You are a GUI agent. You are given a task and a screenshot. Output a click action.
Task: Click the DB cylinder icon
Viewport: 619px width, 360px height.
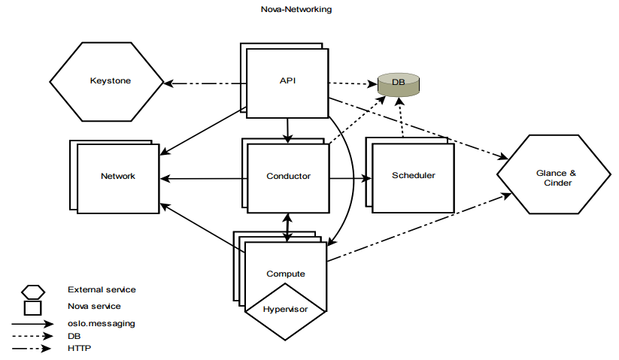pos(398,86)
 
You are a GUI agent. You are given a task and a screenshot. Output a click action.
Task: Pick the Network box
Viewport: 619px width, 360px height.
pos(117,177)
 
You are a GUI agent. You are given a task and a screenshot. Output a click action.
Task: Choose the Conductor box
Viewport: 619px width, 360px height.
pos(288,177)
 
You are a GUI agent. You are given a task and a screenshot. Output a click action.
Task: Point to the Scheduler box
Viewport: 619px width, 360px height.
pos(413,176)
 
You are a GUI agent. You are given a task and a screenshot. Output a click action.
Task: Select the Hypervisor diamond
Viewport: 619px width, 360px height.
pos(285,309)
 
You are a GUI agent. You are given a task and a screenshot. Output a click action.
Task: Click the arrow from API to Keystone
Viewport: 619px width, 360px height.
pos(207,82)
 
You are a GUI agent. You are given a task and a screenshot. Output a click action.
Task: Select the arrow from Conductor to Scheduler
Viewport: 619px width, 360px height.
pos(350,178)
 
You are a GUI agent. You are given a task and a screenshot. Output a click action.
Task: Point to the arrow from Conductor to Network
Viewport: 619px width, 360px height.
pos(203,178)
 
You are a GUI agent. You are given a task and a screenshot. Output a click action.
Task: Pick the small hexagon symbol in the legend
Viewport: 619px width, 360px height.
pos(33,291)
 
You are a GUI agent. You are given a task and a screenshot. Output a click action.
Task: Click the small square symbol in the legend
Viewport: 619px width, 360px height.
pos(33,307)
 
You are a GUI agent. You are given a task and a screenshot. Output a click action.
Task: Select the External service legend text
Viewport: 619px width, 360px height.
pos(102,289)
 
